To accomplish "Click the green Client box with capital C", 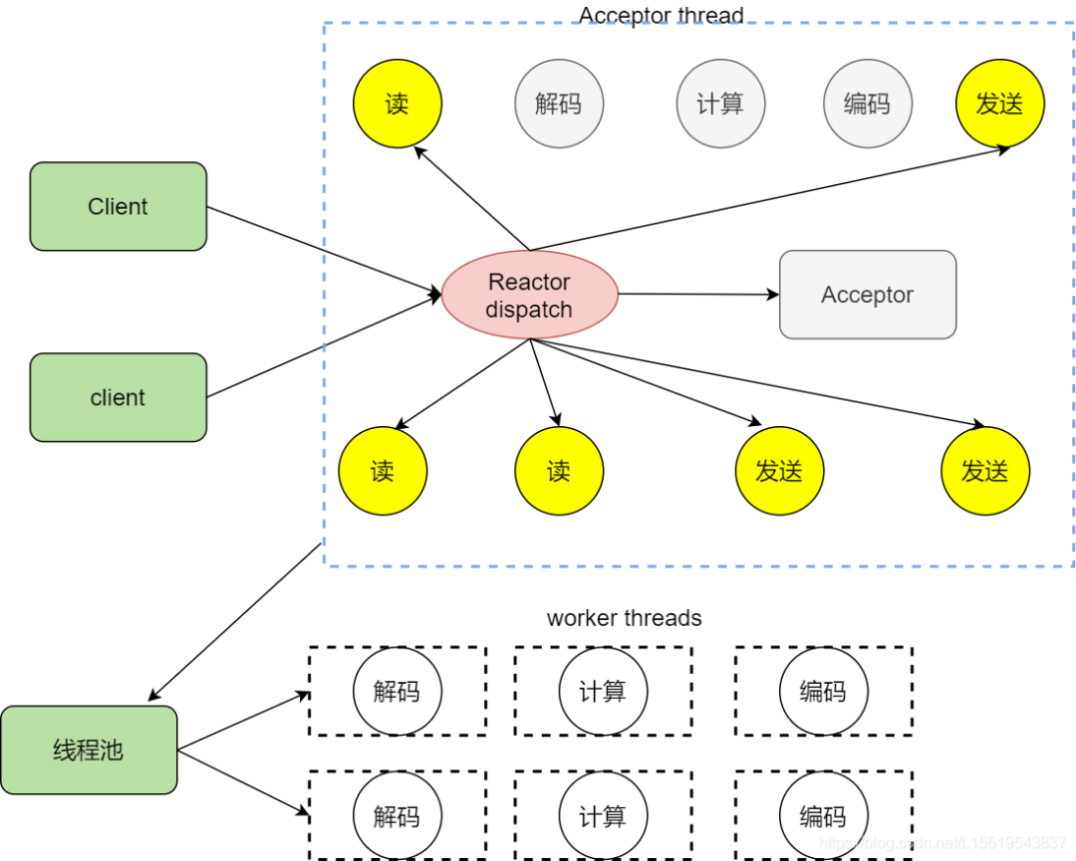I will pos(118,206).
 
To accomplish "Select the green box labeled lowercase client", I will pos(118,397).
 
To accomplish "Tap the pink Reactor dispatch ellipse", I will pos(529,295).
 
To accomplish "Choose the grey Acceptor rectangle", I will pos(867,295).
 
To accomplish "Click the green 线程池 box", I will pos(89,750).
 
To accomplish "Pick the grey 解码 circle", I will pos(558,104).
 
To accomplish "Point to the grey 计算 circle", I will pos(720,104).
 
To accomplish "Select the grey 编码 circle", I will pos(867,104).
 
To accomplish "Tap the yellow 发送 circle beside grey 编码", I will pos(999,104).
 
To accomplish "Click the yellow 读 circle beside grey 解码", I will pos(398,104).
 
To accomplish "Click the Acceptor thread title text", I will pos(661,15).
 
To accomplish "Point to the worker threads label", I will pos(624,618).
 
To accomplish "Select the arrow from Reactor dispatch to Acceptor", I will pos(697,295).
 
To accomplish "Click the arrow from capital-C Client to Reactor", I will pos(324,251).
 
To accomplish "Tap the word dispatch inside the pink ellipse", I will pos(529,310).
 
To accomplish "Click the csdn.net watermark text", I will pos(946,843).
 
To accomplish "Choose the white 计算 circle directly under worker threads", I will pos(603,691).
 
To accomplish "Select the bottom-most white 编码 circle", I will pos(823,817).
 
